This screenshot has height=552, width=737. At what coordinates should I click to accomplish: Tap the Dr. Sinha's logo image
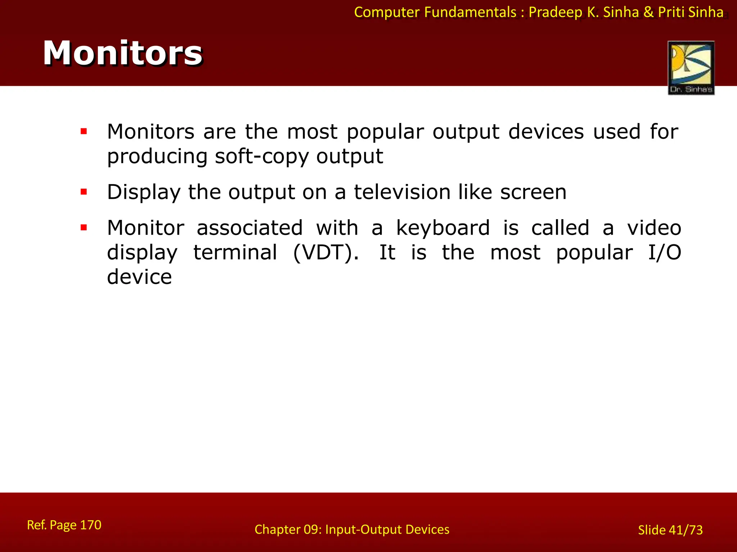pos(691,68)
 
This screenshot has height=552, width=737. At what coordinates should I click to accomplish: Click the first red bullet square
pos(84,132)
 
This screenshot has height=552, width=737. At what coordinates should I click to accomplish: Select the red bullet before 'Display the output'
pos(84,192)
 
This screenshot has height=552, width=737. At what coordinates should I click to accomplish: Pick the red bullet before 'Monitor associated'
pos(84,227)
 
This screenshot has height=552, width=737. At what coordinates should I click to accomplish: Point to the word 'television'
pos(402,192)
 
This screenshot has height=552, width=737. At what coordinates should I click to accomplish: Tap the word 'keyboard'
pos(443,228)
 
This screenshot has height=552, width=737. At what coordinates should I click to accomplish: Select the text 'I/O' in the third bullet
pos(664,252)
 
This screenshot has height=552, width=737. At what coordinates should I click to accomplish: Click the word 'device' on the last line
pos(139,277)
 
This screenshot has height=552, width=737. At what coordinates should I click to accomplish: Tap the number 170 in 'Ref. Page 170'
pos(90,525)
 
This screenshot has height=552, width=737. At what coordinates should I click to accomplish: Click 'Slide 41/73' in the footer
pos(670,530)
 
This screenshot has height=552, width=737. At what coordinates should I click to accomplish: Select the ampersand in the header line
pos(648,12)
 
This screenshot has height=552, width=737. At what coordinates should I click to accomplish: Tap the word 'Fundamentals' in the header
pos(470,12)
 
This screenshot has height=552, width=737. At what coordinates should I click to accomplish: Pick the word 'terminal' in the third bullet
pos(235,252)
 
